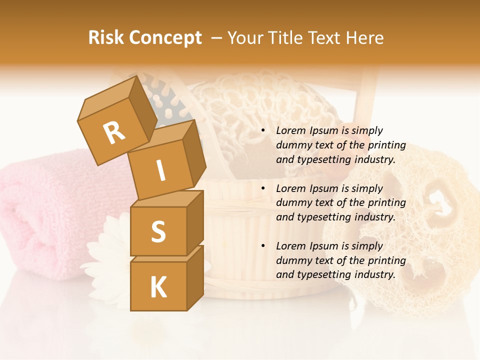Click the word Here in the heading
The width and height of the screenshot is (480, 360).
click(x=365, y=38)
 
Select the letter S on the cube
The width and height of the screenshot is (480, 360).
click(x=158, y=231)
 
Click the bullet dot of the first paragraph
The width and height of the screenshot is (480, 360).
click(x=263, y=130)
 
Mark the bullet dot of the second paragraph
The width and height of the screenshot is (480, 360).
click(x=263, y=188)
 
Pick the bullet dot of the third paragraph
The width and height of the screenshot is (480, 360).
click(x=263, y=246)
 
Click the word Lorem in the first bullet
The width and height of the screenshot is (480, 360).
click(x=290, y=130)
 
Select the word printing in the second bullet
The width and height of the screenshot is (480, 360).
click(x=386, y=203)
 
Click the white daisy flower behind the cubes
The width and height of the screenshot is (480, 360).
click(x=107, y=250)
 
